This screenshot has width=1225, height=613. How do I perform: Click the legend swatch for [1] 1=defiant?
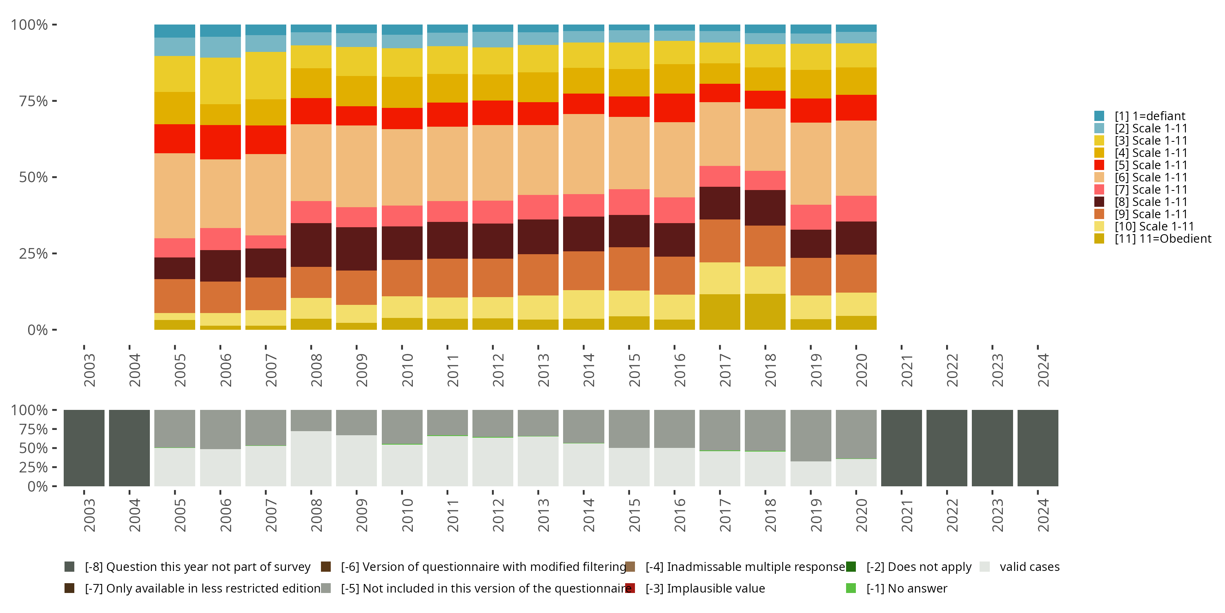pos(1099,116)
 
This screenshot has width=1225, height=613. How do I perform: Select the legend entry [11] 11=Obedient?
pos(1163,238)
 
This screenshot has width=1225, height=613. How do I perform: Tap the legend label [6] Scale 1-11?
pos(1151,177)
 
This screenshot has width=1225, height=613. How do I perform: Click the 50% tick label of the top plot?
pos(33,177)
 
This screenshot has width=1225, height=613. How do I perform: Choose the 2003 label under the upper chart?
pos(89,370)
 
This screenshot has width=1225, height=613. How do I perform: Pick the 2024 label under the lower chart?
pos(1043,515)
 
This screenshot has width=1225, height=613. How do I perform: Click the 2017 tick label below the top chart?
pos(725,370)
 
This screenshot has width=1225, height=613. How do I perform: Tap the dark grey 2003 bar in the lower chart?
pos(84,448)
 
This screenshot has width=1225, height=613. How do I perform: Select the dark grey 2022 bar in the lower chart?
pos(947,448)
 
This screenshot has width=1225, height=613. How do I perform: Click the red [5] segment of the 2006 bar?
pos(220,142)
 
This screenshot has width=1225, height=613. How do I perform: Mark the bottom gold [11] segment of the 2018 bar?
pos(765,312)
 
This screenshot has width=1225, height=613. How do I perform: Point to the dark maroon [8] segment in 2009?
pos(356,248)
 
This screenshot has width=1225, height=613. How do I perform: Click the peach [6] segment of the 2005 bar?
pos(174,196)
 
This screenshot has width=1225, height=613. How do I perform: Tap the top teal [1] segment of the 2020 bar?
pos(856,28)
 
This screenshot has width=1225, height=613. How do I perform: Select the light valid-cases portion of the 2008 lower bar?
pos(311,459)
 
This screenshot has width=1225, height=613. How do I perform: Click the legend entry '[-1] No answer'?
pos(906,588)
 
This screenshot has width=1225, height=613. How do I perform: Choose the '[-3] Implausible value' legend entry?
pos(705,588)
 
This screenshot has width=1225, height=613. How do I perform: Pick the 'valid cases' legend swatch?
pos(985,567)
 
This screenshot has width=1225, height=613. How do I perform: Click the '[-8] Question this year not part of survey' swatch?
pos(69,567)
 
